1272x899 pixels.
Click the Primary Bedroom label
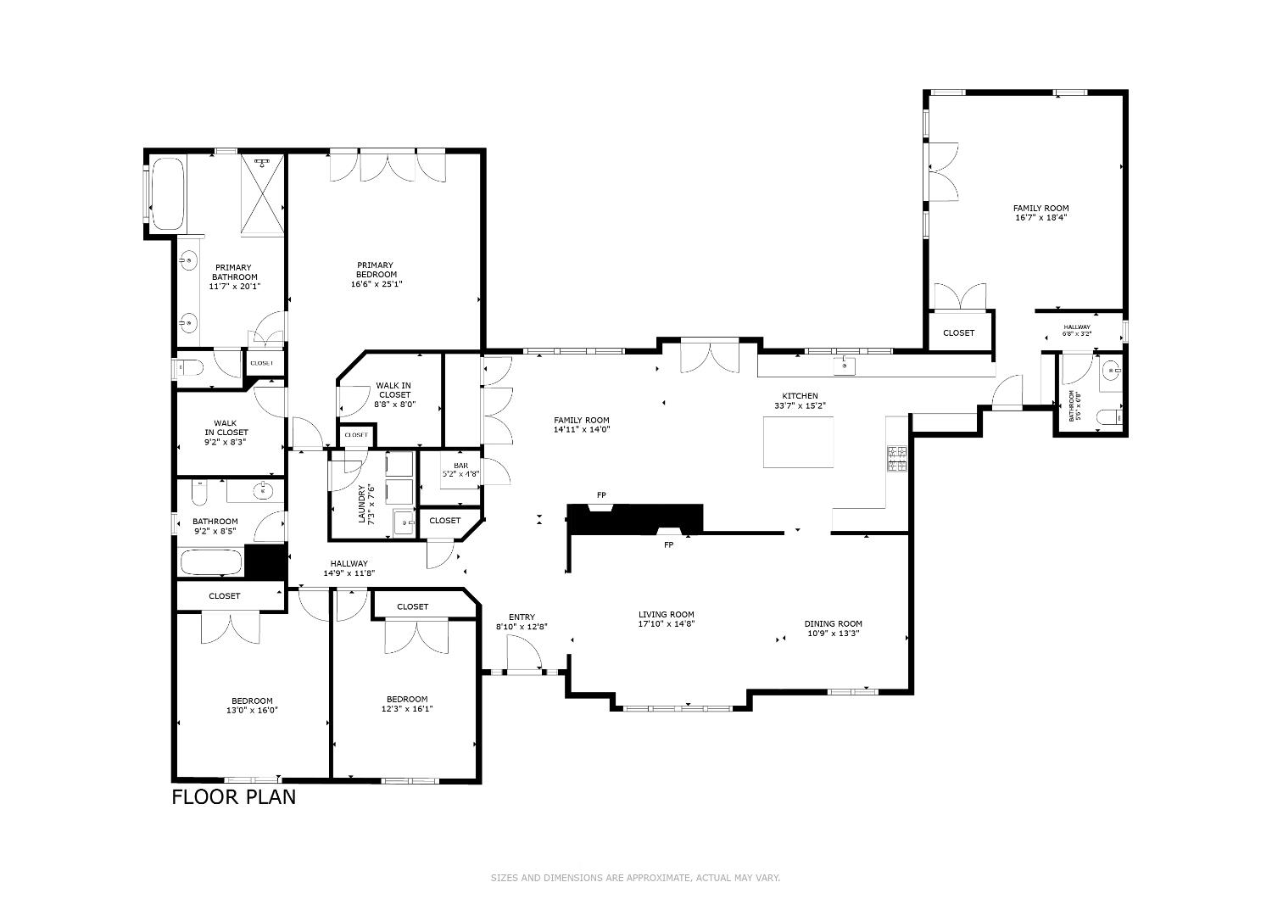376,270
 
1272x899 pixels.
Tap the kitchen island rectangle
798,442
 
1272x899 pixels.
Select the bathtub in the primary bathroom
167,193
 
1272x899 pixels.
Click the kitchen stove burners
896,458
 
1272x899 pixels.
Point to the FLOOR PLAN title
234,797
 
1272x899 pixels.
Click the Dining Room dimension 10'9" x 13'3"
833,633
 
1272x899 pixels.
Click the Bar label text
460,466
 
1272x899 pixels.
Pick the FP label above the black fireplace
601,495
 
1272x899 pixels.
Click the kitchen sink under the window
845,366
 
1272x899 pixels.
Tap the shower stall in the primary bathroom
263,193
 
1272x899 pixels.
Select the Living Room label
666,615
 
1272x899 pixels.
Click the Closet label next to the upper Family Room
958,333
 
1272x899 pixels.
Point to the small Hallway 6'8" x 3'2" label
1077,330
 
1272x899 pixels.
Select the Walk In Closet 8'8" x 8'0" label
394,395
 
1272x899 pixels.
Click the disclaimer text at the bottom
635,878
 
